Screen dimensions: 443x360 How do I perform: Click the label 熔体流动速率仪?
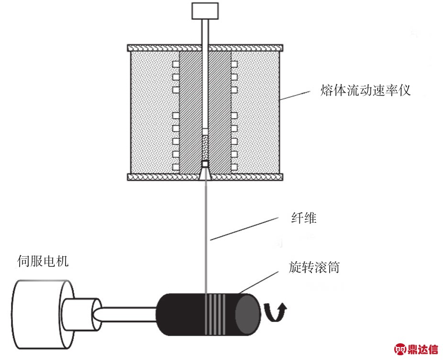(365, 90)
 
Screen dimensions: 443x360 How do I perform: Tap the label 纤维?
(304, 218)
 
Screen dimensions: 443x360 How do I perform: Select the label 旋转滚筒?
(314, 267)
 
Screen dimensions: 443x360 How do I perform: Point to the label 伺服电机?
(43, 261)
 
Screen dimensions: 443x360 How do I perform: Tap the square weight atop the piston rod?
(205, 11)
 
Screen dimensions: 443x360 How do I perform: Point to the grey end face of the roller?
(247, 314)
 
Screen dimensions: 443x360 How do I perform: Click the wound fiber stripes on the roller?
(215, 314)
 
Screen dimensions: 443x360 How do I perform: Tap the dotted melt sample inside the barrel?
(205, 148)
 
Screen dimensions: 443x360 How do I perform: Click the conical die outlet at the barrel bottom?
(205, 174)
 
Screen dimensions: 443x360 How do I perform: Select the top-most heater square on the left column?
(176, 65)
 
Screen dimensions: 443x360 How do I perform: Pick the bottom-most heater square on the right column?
(234, 167)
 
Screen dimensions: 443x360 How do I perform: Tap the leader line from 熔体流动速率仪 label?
(295, 96)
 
